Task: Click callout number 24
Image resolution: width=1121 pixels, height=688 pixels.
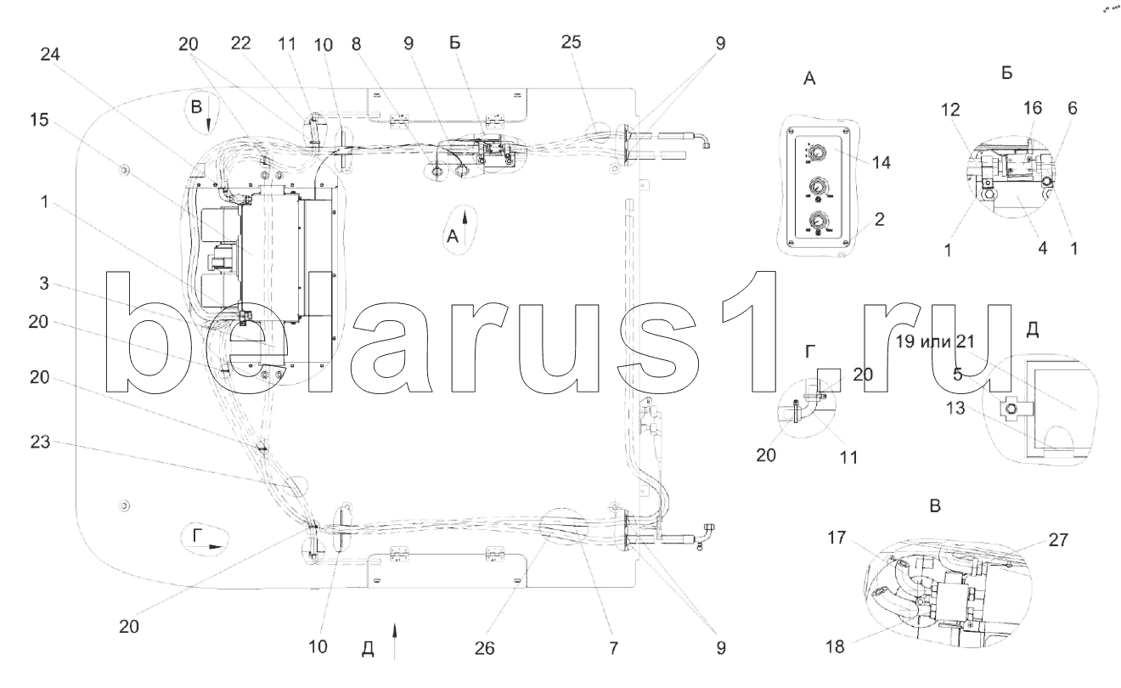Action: (x=50, y=54)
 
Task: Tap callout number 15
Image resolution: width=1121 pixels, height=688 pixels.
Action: (x=39, y=120)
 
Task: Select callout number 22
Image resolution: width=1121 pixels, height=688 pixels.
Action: (x=240, y=43)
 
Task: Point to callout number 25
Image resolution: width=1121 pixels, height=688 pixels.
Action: (x=571, y=42)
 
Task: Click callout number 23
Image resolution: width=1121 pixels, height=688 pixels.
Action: (x=40, y=442)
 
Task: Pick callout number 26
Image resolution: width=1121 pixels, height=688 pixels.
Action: (x=484, y=648)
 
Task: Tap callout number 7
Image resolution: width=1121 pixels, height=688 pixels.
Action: (x=613, y=648)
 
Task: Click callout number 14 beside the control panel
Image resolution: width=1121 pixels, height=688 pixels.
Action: (x=882, y=162)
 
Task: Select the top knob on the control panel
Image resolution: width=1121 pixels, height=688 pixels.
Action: (x=817, y=151)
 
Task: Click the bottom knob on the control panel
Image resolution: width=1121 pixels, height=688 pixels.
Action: (x=818, y=220)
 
